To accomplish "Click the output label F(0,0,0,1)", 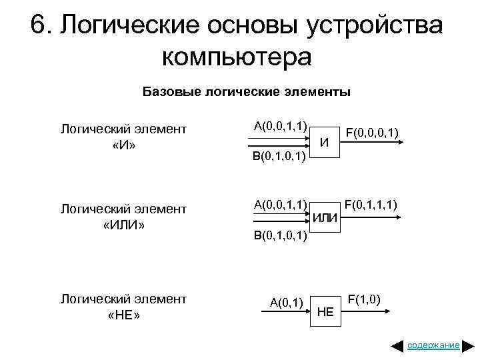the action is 372,134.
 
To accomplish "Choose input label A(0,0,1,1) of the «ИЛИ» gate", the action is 281,203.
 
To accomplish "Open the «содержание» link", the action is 433,345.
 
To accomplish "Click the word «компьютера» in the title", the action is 237,57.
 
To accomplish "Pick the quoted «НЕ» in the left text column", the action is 124,315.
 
